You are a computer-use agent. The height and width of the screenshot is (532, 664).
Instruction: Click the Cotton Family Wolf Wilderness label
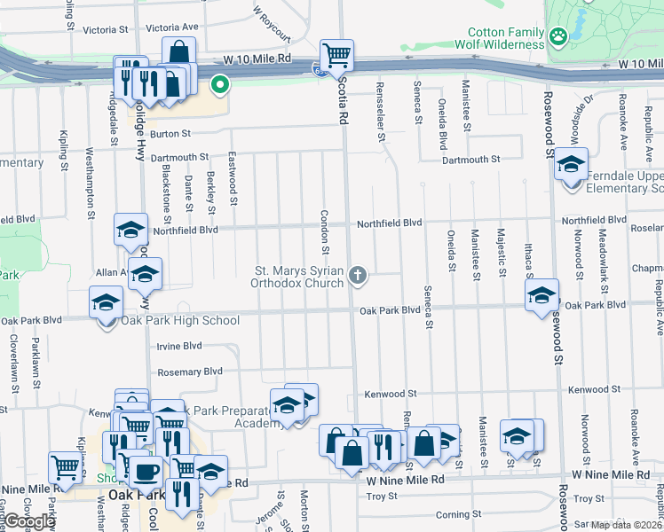(499, 37)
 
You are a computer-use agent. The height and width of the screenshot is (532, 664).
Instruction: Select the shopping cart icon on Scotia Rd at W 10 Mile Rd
(336, 55)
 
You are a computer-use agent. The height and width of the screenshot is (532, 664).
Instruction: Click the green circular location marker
(218, 85)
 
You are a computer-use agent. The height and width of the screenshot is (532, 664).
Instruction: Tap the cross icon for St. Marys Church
(359, 276)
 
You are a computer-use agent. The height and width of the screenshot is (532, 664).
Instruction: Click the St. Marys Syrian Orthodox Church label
(299, 277)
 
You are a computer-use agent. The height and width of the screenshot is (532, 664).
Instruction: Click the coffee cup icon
(147, 470)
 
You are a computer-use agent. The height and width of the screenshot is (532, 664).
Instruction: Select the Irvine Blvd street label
(178, 346)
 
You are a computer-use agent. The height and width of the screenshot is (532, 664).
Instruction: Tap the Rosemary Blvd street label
(178, 372)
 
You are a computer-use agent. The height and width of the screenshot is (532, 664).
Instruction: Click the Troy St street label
(383, 497)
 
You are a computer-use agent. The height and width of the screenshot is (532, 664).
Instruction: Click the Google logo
(30, 521)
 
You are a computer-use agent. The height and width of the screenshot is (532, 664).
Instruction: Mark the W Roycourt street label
(272, 23)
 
